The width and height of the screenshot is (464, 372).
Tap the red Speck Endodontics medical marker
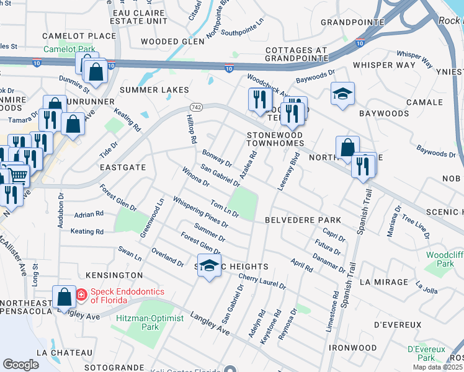(81, 295)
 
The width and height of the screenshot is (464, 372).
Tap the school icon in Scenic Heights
(210, 266)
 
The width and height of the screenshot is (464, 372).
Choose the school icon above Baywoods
(342, 94)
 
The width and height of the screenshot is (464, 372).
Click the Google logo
(21, 364)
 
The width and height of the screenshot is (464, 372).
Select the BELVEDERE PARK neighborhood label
(303, 220)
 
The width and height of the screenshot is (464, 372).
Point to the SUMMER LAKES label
(154, 90)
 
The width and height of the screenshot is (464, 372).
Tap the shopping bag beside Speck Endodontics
(64, 297)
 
